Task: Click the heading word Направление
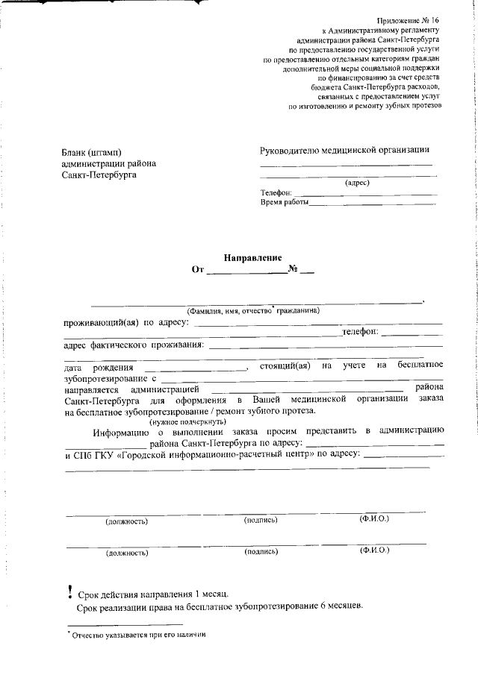click(x=252, y=257)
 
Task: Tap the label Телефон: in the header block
click(x=276, y=192)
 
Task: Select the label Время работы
click(x=284, y=202)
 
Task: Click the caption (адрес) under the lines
click(x=357, y=182)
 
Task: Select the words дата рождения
click(x=99, y=367)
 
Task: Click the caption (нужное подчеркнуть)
click(x=183, y=421)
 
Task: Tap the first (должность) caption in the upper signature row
click(x=126, y=521)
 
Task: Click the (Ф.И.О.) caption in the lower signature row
click(x=374, y=550)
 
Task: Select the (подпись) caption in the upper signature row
click(x=261, y=520)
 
